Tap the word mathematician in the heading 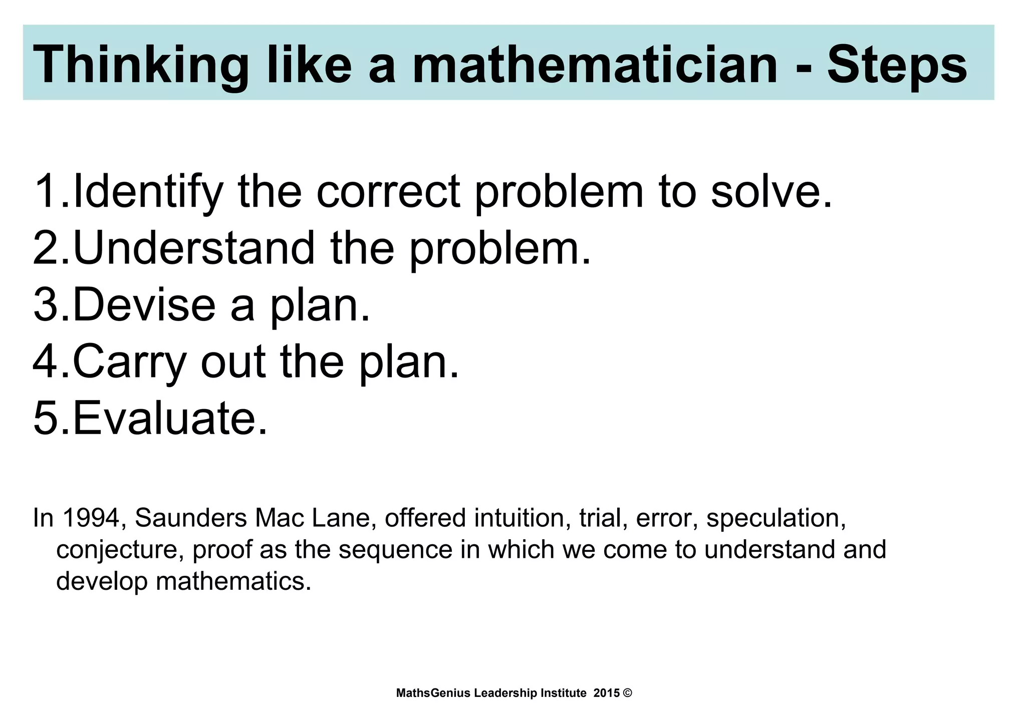594,65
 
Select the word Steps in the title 897,65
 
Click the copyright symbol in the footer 627,693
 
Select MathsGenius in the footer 433,693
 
